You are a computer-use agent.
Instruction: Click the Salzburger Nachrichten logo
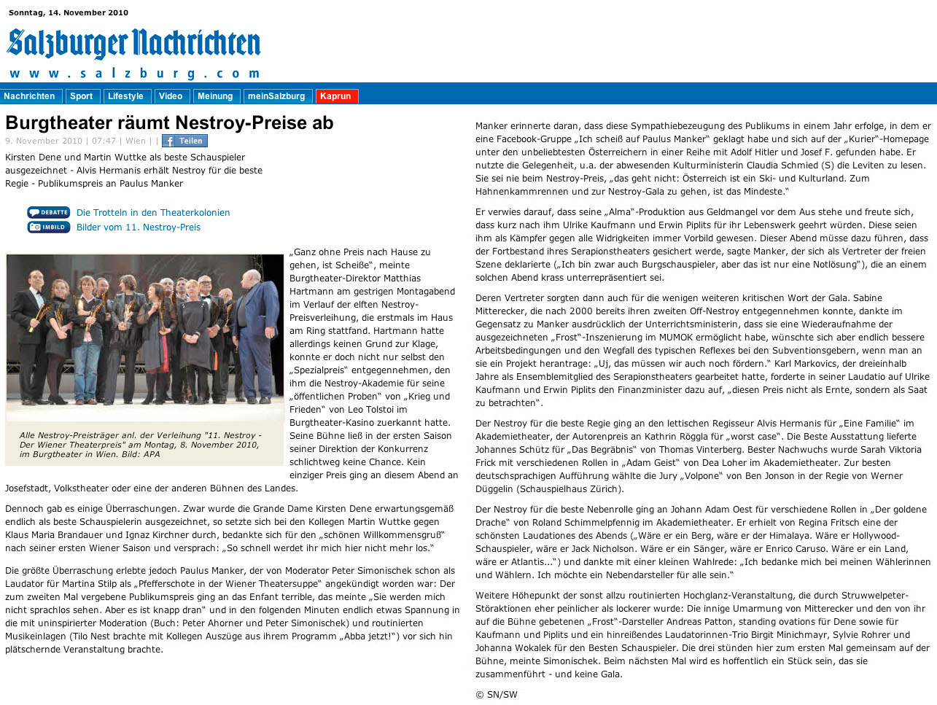(133, 44)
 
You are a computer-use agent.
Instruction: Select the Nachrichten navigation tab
(29, 96)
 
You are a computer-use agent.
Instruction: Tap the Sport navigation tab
(81, 96)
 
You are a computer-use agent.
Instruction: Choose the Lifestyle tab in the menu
(125, 96)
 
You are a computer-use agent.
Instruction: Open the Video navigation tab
(171, 96)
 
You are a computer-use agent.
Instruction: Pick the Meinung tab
(215, 96)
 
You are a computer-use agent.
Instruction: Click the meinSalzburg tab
(276, 96)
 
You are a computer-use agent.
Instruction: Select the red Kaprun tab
(335, 96)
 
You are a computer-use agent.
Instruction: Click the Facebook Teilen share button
(184, 141)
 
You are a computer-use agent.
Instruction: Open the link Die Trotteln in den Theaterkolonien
(153, 213)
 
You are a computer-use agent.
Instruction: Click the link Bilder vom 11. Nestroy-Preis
(139, 227)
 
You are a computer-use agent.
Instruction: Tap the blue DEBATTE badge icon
(48, 213)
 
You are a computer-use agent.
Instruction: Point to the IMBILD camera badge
(48, 227)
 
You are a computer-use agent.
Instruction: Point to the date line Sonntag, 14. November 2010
(69, 12)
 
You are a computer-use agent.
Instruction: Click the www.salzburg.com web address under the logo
(134, 73)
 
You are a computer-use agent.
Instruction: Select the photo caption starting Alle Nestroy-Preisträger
(140, 445)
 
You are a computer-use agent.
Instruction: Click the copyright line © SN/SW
(496, 695)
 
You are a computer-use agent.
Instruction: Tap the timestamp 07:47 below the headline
(104, 141)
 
